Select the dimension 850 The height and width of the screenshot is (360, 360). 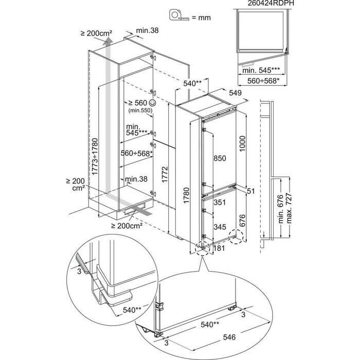[x=220, y=158]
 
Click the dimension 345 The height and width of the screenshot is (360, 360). [x=220, y=226]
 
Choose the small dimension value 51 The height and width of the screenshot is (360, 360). [x=251, y=191]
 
